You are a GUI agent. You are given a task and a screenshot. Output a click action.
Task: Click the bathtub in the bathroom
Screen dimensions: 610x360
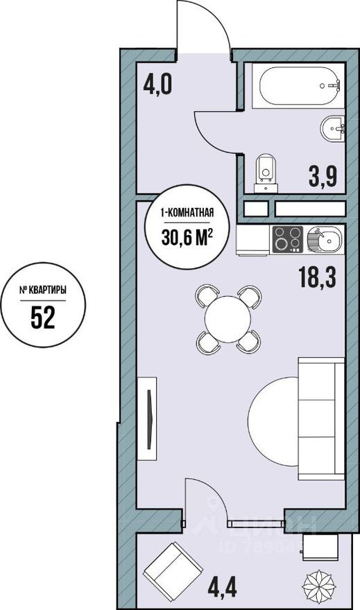click(x=301, y=87)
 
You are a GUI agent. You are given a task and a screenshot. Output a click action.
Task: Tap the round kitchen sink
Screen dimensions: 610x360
click(x=323, y=240)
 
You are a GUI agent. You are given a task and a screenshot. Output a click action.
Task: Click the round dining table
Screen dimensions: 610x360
click(x=228, y=320)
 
